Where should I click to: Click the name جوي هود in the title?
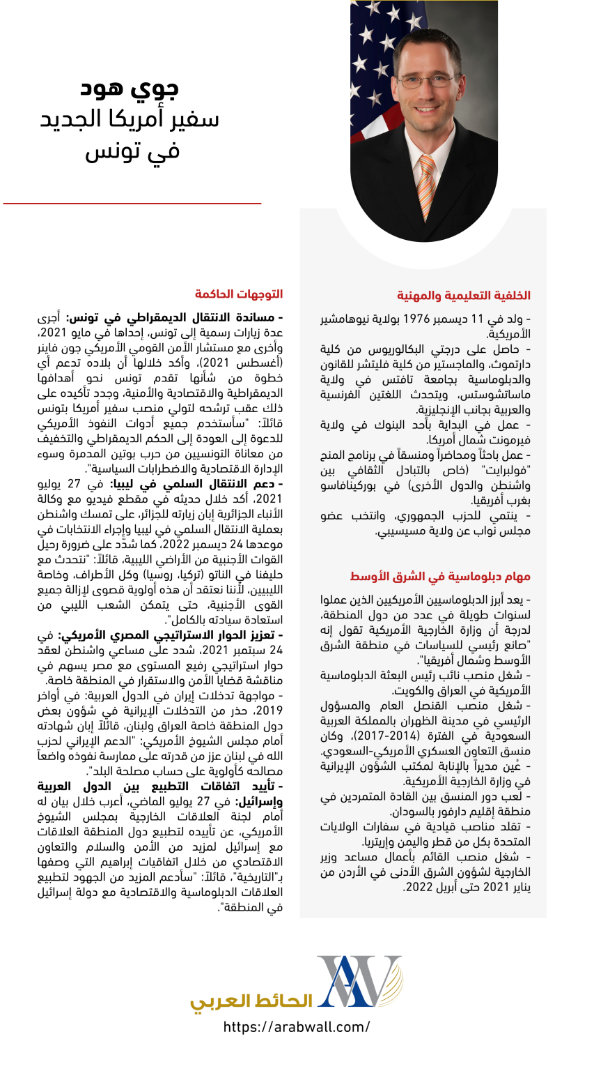(130, 88)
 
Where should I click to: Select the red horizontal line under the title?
(132, 204)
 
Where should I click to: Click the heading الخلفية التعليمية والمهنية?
(464, 296)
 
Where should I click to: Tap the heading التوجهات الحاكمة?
(239, 294)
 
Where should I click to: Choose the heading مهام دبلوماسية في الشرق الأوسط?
(439, 577)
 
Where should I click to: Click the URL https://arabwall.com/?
(297, 1026)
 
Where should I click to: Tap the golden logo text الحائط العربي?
(251, 1001)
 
